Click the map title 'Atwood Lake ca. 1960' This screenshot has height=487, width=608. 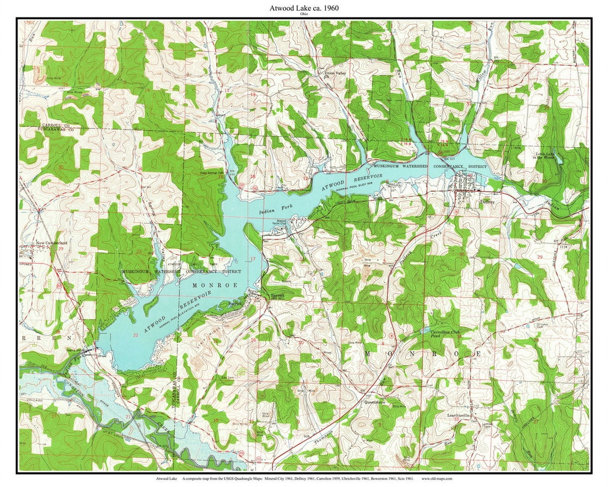click(x=303, y=8)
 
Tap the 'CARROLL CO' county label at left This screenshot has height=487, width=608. click(x=54, y=124)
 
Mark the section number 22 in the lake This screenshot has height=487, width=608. click(x=135, y=335)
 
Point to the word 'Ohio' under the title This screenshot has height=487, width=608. click(x=303, y=15)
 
